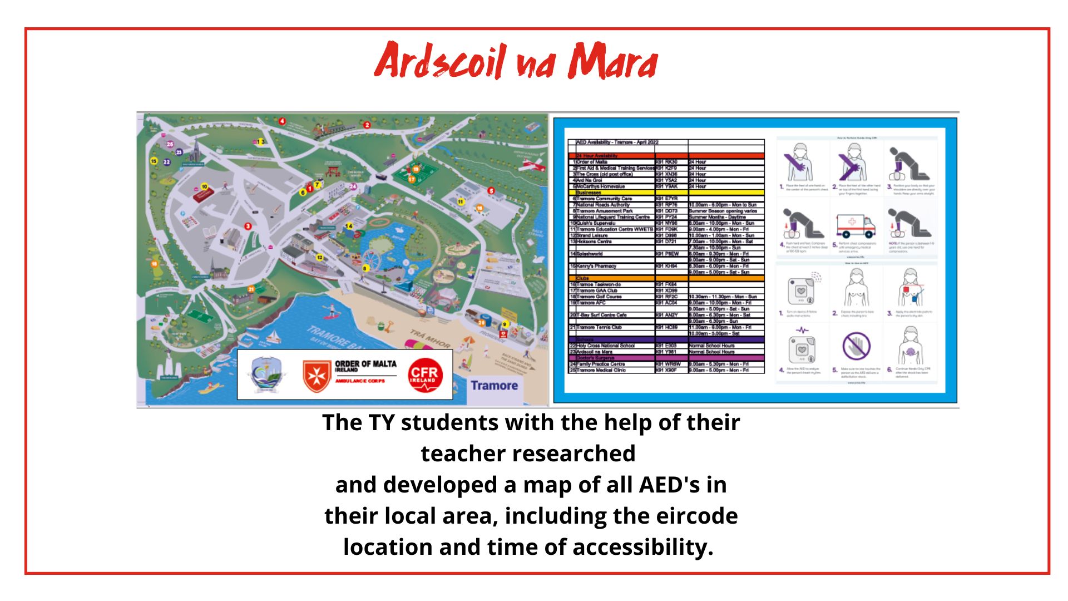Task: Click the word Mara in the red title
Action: tap(612, 61)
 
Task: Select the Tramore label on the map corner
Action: tap(494, 386)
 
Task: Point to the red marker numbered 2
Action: tap(367, 125)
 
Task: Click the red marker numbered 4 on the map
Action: tap(282, 121)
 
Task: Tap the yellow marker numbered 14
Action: tap(349, 226)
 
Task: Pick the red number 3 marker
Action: tap(248, 226)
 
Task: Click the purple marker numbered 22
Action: tap(166, 162)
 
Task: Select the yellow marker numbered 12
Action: tap(320, 258)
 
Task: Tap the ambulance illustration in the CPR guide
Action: tap(855, 225)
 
